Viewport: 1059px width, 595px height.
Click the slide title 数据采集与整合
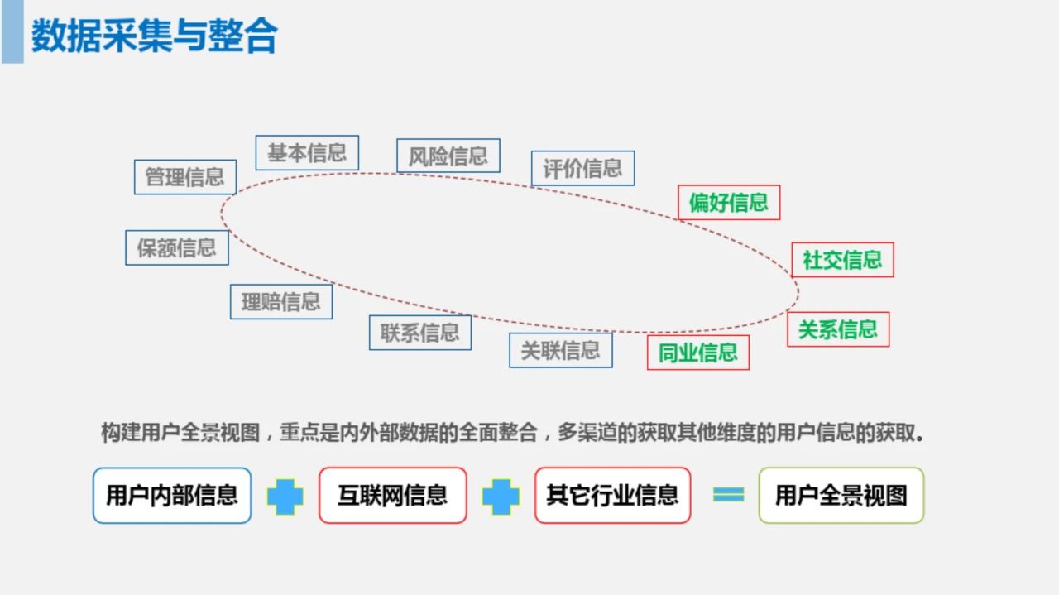click(154, 36)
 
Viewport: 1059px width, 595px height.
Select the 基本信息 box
click(307, 153)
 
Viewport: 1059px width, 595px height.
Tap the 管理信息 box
click(184, 177)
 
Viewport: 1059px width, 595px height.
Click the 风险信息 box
click(448, 156)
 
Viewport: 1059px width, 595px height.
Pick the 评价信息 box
click(583, 168)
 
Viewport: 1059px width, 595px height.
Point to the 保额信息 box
click(177, 247)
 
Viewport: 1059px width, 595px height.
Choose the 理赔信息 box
click(281, 302)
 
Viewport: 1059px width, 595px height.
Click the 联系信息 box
click(420, 333)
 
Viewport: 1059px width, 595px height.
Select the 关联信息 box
click(561, 351)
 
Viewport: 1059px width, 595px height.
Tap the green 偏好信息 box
click(729, 203)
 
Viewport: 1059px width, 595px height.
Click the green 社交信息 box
click(842, 260)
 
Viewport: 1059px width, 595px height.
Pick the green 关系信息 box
click(838, 329)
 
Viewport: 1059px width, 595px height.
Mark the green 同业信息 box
click(698, 353)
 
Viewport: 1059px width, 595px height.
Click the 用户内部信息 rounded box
click(172, 495)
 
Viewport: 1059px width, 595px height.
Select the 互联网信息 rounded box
click(393, 495)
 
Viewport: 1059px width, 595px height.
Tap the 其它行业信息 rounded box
click(613, 495)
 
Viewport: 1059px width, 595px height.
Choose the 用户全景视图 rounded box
click(841, 495)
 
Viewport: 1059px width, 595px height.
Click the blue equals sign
click(729, 495)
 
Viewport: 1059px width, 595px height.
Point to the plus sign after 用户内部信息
click(285, 497)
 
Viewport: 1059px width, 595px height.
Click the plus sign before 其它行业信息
click(501, 497)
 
